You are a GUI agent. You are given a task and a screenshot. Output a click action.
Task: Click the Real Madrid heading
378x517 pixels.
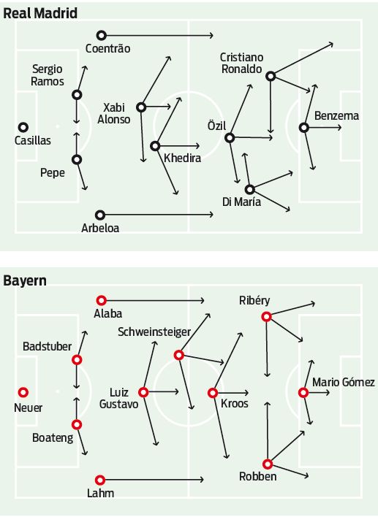point(40,13)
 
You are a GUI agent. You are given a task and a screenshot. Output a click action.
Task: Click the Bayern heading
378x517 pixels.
point(25,281)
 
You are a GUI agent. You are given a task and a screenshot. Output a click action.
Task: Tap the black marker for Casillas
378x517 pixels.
point(23,127)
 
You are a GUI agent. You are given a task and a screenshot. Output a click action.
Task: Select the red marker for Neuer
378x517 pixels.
point(23,392)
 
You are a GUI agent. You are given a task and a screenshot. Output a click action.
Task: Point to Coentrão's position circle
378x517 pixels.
point(102,35)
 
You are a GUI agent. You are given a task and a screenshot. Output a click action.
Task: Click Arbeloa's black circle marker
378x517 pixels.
point(100,215)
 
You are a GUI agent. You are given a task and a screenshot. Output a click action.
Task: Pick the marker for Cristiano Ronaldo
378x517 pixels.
point(271,76)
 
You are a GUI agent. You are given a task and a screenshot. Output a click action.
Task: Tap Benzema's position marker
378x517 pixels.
point(304,128)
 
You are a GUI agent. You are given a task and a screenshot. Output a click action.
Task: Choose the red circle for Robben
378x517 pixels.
point(268,464)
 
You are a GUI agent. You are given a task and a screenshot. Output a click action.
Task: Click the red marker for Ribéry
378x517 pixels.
point(266,317)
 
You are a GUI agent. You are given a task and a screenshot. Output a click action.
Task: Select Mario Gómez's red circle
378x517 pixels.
point(303,393)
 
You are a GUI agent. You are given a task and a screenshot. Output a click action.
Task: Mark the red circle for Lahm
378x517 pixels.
point(100,480)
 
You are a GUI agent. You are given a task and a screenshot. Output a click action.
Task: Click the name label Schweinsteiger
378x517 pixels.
point(154,332)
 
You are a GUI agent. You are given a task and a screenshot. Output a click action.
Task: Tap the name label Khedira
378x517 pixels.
point(183,158)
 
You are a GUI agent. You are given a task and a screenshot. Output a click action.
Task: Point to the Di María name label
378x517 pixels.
point(242,202)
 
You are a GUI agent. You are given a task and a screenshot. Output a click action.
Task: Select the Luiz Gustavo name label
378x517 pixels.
point(119,398)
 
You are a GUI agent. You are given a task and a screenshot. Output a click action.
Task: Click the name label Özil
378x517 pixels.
point(216,126)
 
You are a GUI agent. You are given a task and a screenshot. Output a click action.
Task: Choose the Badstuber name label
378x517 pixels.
point(48,346)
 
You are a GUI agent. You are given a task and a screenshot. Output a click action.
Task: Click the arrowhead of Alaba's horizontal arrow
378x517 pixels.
point(203,300)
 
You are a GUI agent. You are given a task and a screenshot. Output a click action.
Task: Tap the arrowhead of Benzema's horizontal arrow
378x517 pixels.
point(339,128)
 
